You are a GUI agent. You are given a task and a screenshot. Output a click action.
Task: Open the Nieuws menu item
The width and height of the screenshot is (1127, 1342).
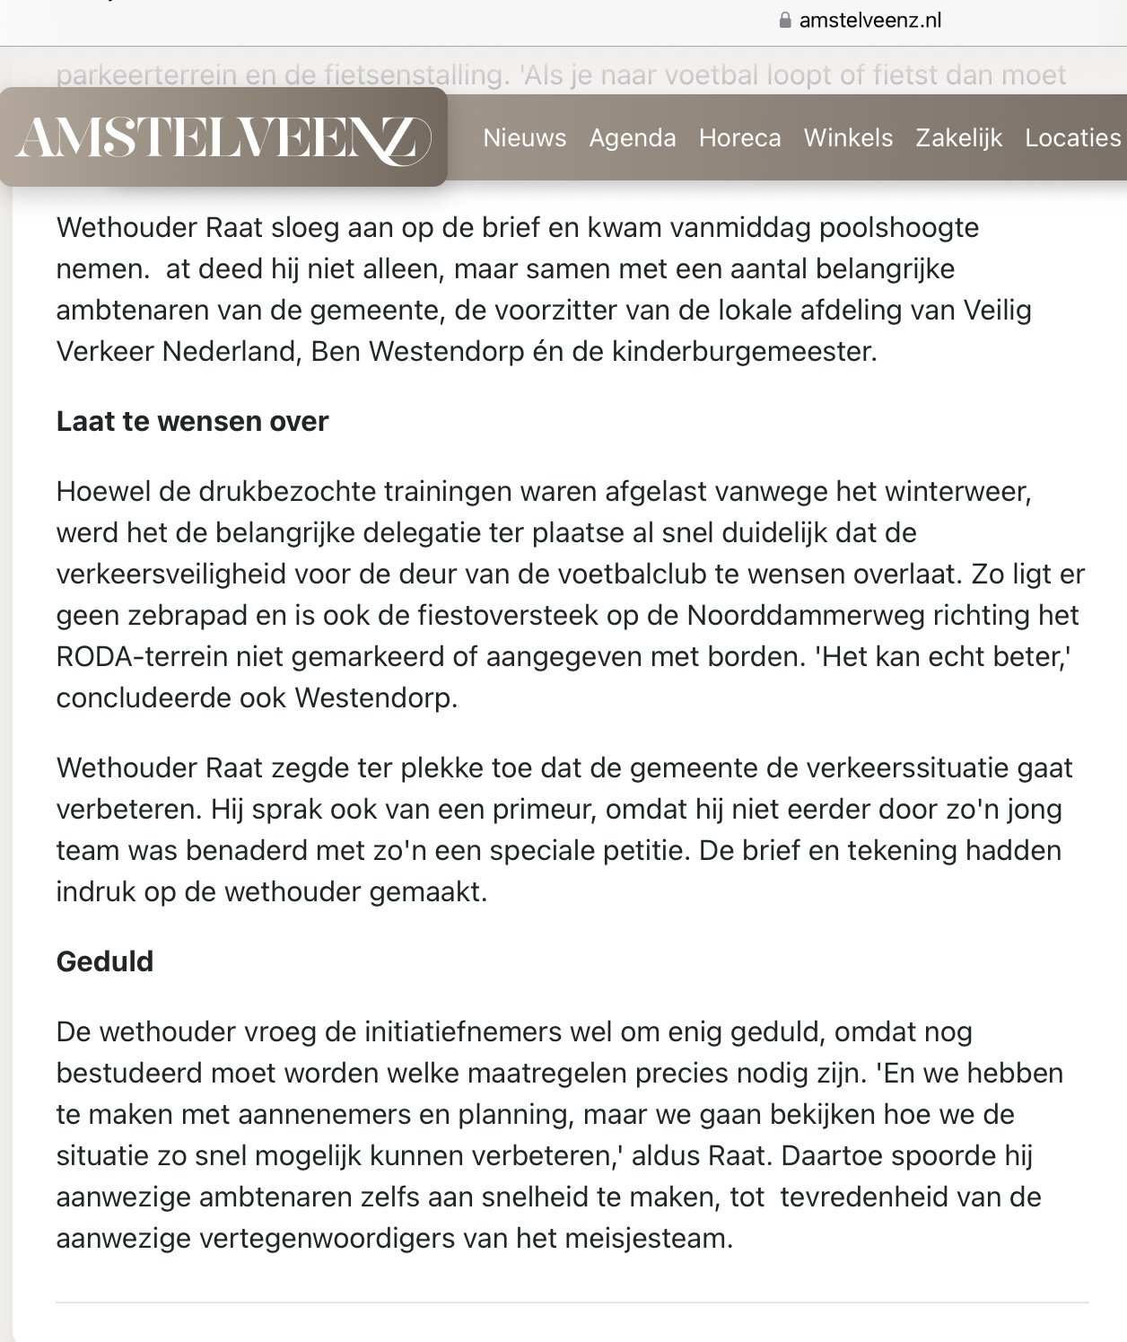(x=524, y=138)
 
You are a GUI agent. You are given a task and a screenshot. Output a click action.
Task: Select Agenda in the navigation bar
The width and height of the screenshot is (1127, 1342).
(x=633, y=138)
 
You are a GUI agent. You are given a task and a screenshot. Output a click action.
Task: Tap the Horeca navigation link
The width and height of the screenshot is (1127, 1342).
(x=740, y=138)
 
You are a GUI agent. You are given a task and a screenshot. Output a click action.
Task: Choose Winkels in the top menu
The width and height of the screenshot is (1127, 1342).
(x=848, y=138)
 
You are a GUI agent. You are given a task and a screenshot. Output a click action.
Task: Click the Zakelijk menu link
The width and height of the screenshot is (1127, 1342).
(x=958, y=138)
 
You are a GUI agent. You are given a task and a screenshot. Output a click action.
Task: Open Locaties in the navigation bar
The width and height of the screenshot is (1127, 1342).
(x=1073, y=138)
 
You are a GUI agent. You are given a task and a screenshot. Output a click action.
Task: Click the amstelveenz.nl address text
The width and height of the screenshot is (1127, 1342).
(x=869, y=21)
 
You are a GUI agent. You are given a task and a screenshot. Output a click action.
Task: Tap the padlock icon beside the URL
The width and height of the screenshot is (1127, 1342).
(x=786, y=21)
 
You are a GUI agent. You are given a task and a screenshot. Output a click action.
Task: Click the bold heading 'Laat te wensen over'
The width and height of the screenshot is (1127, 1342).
(x=192, y=422)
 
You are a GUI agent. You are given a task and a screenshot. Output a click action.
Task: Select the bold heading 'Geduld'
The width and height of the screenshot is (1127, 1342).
(x=105, y=962)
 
